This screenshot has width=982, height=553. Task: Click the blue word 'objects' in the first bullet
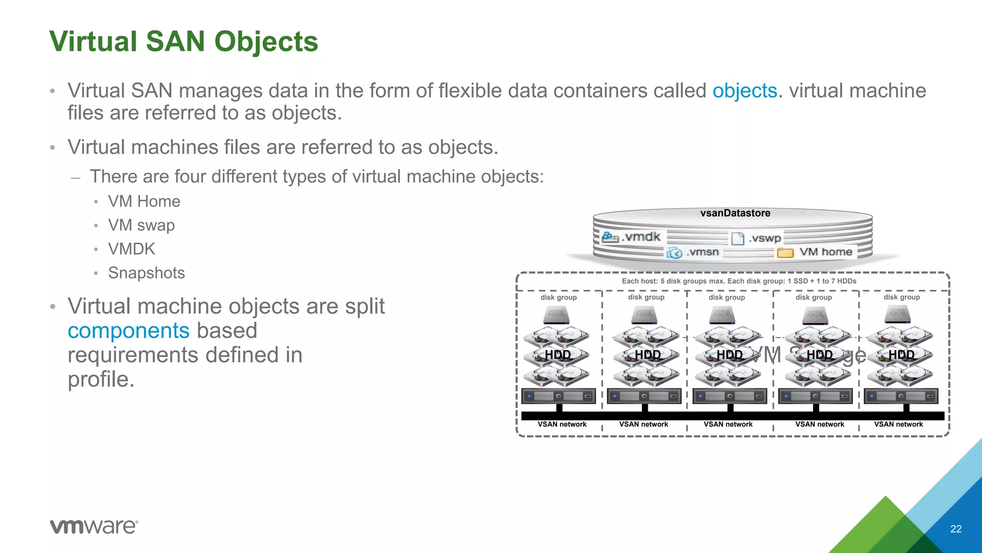click(744, 91)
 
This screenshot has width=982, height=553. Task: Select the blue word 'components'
click(129, 331)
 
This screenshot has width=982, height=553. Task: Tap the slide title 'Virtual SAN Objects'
click(184, 41)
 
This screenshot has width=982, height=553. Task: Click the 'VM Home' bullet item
click(144, 201)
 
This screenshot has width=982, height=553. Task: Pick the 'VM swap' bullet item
click(141, 225)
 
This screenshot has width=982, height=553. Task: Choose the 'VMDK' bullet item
click(131, 249)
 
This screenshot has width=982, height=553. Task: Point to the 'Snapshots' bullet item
click(146, 273)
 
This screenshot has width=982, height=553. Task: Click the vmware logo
click(94, 527)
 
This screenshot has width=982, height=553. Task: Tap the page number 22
click(956, 529)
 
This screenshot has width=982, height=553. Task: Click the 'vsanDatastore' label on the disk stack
click(735, 213)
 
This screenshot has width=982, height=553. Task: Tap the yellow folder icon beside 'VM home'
click(785, 252)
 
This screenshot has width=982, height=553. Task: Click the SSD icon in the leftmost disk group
click(556, 315)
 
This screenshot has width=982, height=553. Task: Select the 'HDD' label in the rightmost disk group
click(901, 355)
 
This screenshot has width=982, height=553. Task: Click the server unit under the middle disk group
click(729, 396)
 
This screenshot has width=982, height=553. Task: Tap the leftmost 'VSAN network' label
click(562, 424)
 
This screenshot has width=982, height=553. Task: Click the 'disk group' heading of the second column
click(646, 297)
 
